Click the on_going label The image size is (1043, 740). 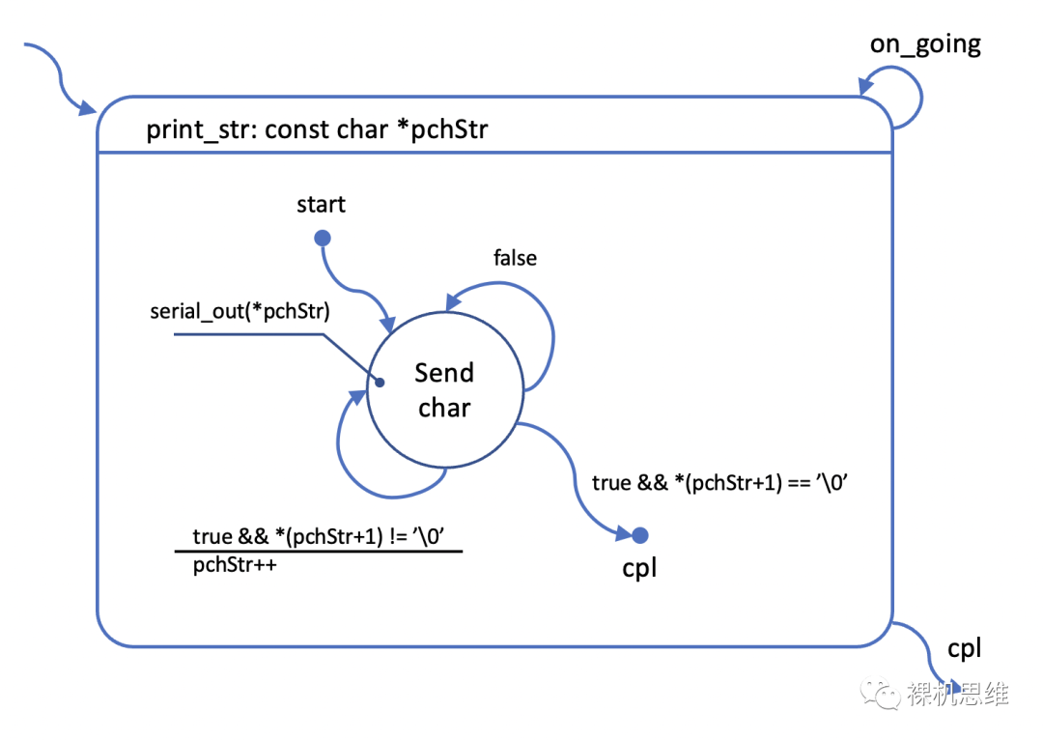[925, 44]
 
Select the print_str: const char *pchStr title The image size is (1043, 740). [317, 129]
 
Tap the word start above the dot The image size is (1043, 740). [321, 205]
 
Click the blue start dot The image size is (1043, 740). [323, 238]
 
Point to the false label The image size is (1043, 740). [515, 258]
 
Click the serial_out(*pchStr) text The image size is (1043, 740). [239, 311]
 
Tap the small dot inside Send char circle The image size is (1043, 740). [380, 384]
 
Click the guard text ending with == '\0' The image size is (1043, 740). [719, 482]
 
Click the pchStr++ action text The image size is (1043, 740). [235, 565]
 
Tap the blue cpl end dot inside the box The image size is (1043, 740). [639, 534]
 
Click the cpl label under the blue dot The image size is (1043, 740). [639, 567]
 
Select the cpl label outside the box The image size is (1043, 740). [964, 649]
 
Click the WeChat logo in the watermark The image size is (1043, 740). [882, 693]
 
